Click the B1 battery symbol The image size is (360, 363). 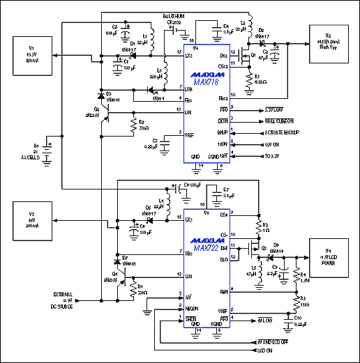coord(48,153)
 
